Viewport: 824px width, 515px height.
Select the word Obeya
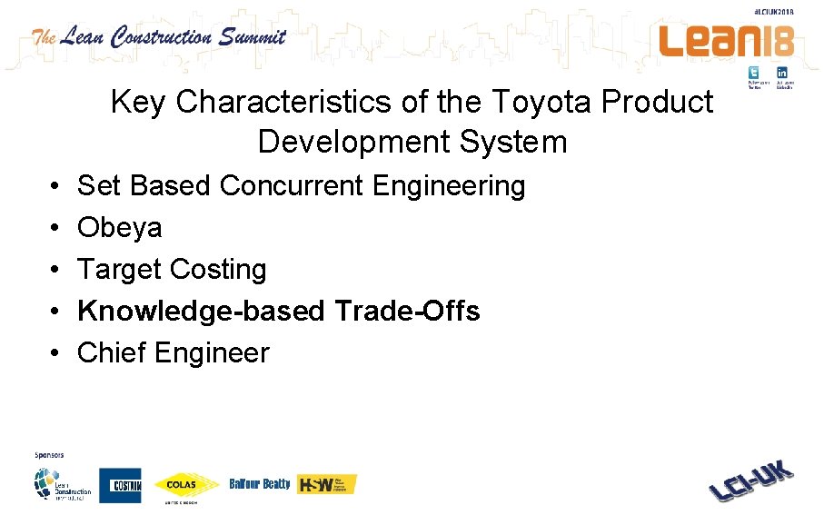pos(120,228)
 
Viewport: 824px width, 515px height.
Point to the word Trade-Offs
pos(407,312)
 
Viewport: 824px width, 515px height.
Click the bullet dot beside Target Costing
pos(56,270)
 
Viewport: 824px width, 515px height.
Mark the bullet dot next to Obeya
pos(56,228)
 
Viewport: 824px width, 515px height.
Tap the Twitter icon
pos(754,73)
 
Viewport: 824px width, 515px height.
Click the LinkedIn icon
pos(781,73)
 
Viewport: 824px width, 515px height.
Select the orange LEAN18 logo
pos(726,41)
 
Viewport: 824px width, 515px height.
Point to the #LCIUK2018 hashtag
pos(773,11)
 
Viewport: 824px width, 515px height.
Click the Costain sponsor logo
pos(120,485)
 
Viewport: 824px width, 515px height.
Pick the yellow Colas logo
pos(186,485)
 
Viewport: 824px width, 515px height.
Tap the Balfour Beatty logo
pos(260,484)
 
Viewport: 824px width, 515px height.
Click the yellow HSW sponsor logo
pos(327,484)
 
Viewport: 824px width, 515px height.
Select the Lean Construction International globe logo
pos(62,483)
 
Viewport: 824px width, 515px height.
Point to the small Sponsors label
pos(49,455)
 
